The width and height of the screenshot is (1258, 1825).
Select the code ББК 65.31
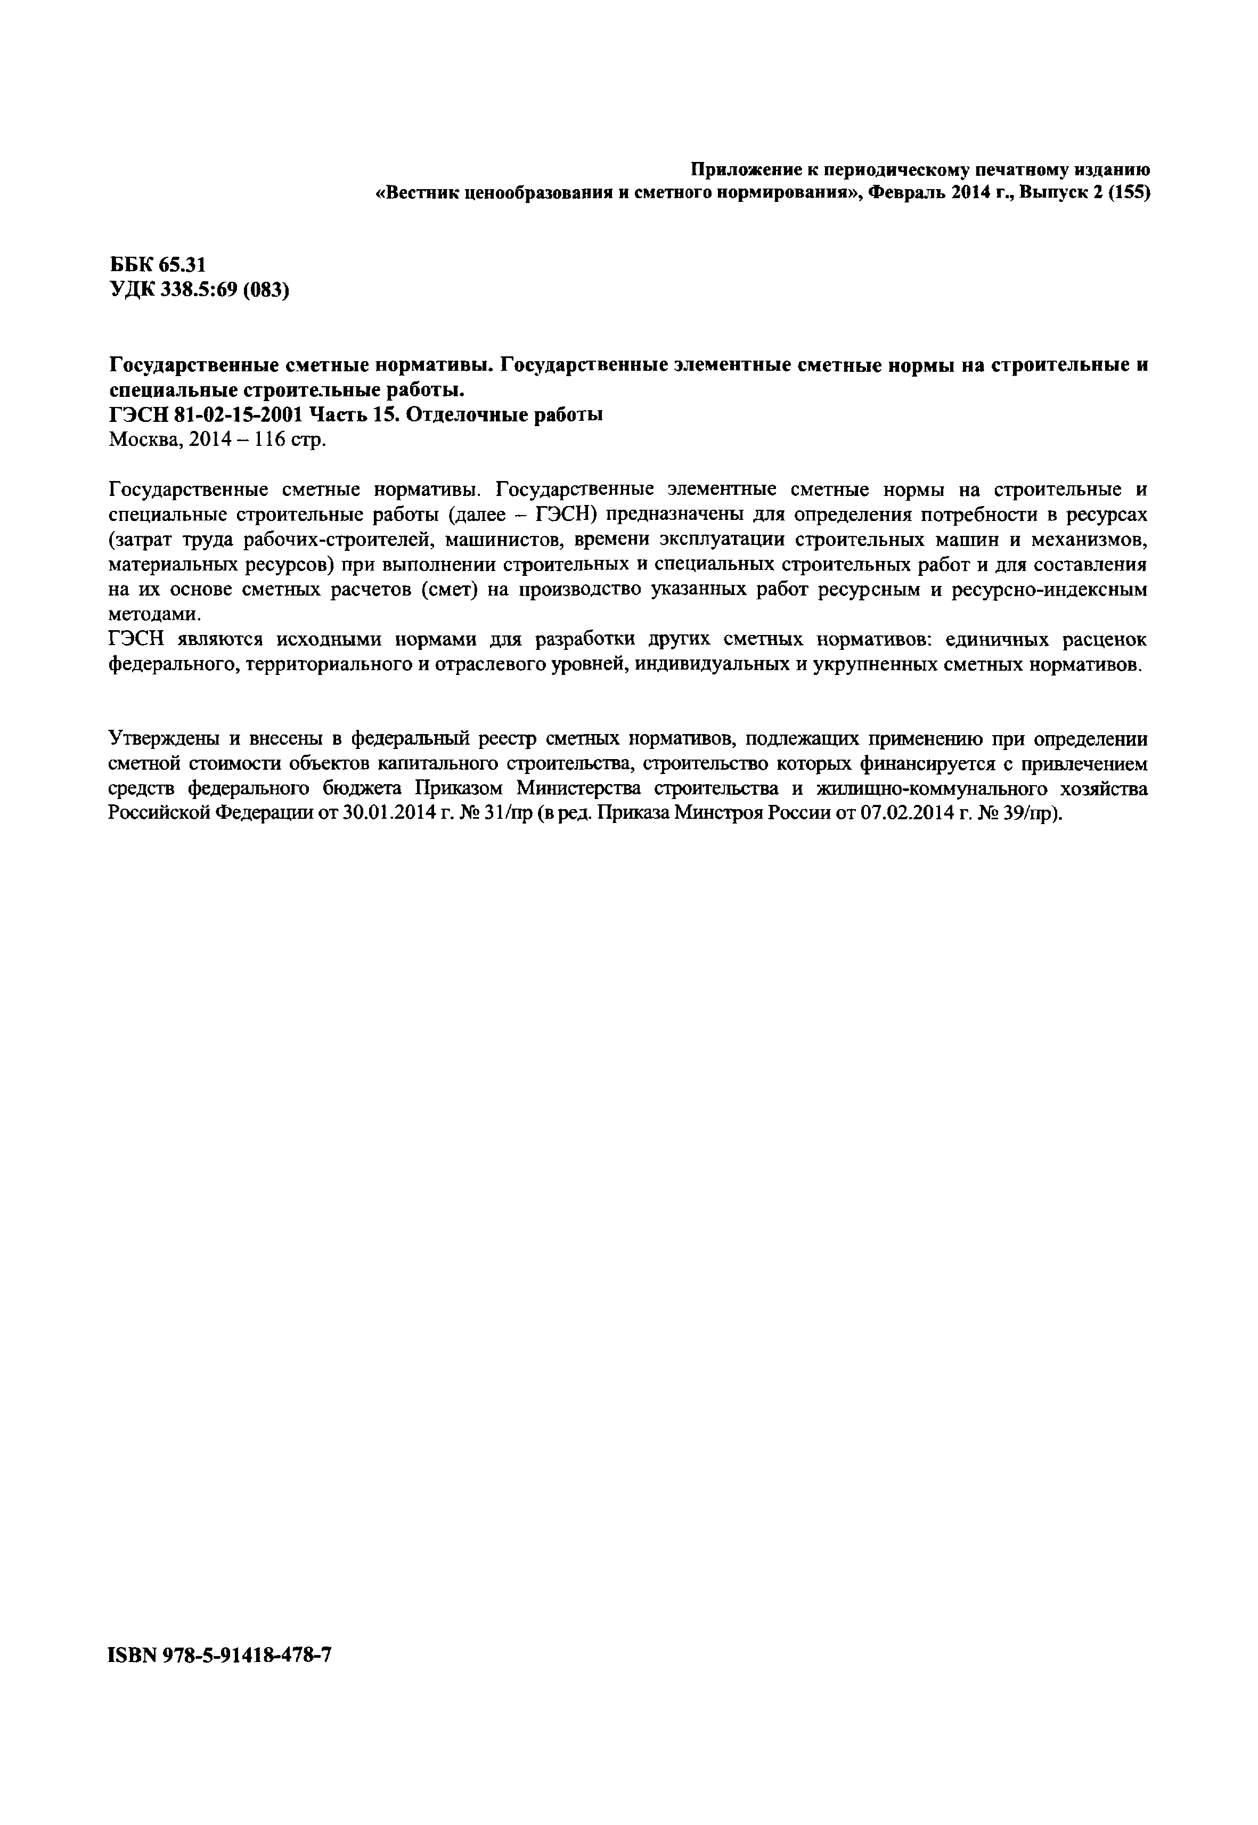click(157, 266)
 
